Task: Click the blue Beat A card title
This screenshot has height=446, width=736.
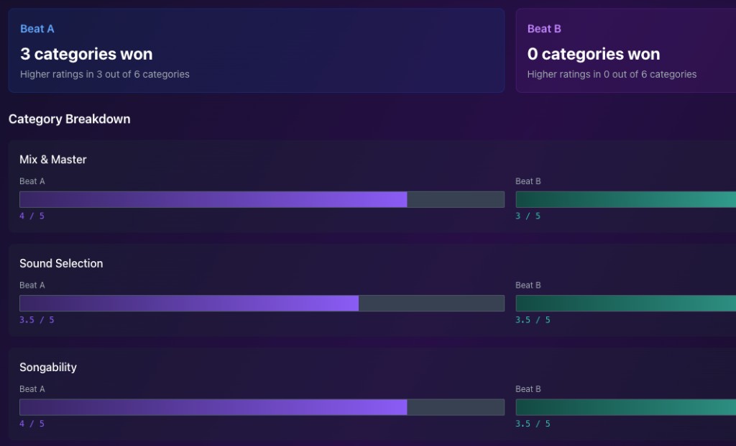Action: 37,29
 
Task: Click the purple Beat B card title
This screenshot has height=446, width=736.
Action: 544,29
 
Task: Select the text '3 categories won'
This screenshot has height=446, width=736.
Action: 86,54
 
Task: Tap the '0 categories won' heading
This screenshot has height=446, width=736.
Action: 593,54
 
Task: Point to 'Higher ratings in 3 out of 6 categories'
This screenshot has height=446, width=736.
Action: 105,74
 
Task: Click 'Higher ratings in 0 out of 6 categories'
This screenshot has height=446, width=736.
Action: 612,74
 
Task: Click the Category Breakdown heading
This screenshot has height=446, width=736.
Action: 70,119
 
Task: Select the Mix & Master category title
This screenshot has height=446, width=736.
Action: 53,159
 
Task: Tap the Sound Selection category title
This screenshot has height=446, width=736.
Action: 61,263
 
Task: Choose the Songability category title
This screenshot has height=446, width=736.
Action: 48,367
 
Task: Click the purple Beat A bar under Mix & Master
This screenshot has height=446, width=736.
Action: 213,200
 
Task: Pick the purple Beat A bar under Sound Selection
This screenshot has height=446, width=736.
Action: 189,304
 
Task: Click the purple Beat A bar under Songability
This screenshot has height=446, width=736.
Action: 213,407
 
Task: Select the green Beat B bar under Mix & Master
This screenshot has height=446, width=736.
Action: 625,200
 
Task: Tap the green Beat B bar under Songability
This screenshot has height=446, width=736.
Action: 625,407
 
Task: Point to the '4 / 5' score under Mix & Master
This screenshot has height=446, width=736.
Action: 32,216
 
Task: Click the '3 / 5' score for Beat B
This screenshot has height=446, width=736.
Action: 528,216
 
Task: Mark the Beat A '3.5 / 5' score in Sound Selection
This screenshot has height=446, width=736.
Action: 37,319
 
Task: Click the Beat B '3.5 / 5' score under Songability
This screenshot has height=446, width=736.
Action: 533,424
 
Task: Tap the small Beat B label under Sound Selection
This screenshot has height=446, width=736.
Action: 528,286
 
